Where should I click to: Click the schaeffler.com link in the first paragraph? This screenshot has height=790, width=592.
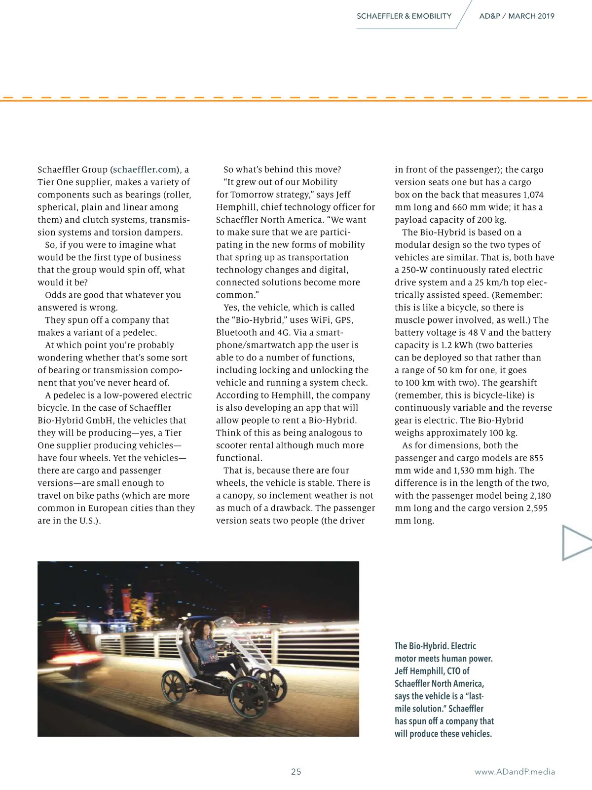[x=145, y=170]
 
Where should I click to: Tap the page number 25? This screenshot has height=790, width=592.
[x=296, y=772]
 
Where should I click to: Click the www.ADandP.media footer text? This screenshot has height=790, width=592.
[x=515, y=772]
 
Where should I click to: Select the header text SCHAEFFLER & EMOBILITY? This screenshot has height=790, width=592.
[x=404, y=16]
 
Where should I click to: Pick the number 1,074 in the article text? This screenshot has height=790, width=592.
[x=533, y=195]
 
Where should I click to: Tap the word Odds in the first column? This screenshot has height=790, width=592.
[x=55, y=295]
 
